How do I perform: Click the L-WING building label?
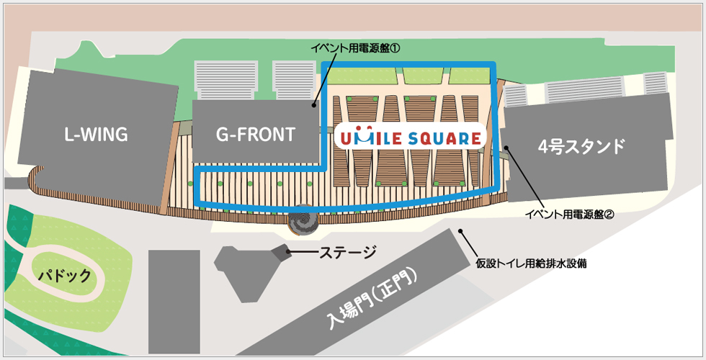(x=95, y=135)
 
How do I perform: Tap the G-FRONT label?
(x=256, y=135)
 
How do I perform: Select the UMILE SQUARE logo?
(x=409, y=138)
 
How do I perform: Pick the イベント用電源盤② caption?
(x=569, y=214)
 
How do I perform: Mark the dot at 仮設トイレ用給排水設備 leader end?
(x=460, y=231)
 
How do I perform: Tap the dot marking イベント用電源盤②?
(x=506, y=148)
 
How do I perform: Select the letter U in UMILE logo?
(x=345, y=138)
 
